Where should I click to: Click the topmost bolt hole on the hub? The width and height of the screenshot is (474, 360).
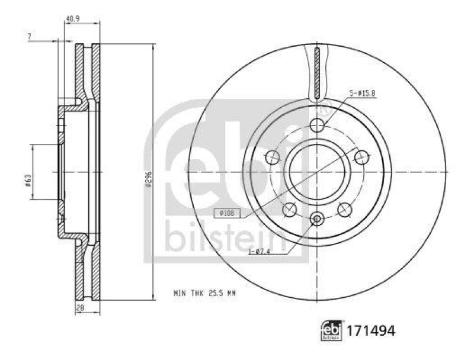tap(318, 125)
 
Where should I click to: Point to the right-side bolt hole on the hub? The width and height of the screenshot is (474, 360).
tap(361, 157)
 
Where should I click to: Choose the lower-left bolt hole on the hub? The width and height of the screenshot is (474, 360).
tap(290, 209)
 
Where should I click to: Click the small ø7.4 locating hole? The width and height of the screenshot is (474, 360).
tap(317, 220)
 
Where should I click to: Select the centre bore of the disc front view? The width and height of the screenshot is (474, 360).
tap(317, 172)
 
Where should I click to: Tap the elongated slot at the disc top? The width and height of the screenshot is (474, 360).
tap(318, 73)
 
